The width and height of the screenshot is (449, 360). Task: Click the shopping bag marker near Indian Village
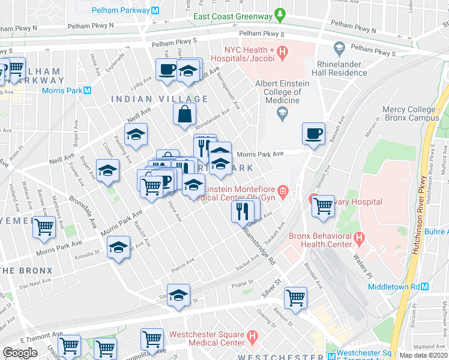pos(184,114)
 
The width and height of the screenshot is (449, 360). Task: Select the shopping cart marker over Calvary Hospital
pos(323,206)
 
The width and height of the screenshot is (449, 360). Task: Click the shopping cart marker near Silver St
pos(295,298)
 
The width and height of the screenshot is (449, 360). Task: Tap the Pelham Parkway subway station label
pos(124,10)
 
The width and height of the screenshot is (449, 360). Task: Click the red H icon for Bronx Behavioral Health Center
pos(359,239)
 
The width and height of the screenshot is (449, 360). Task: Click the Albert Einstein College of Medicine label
pos(278,92)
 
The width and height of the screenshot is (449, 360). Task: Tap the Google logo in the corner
pos(20,352)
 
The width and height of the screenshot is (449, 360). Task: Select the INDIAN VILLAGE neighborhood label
pos(160,99)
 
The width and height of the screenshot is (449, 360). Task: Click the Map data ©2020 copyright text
pos(423,355)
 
